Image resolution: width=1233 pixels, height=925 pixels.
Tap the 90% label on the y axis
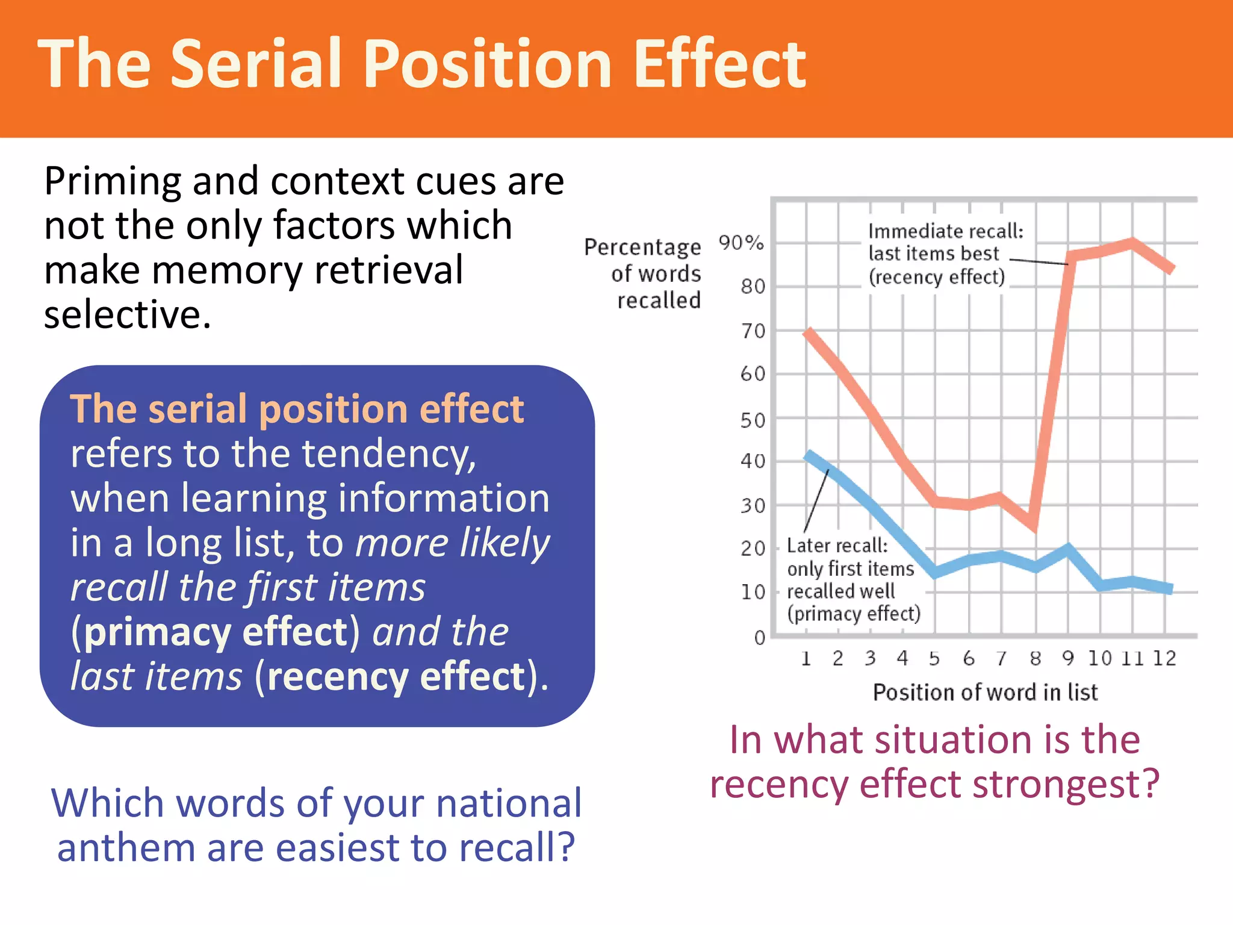tap(741, 243)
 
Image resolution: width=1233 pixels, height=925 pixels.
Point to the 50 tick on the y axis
tap(753, 420)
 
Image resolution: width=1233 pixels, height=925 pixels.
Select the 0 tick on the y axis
tap(760, 637)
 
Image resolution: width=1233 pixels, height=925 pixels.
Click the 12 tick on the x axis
tap(1164, 658)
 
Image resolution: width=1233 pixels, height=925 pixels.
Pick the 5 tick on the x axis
tap(934, 658)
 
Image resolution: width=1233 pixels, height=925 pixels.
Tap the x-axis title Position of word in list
tap(986, 693)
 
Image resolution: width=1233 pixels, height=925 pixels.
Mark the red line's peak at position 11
tap(1132, 243)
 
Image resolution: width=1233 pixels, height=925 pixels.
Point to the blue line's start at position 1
tap(808, 455)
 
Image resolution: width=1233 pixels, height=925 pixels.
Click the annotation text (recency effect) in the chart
tap(937, 277)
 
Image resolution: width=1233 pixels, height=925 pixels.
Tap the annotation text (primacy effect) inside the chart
tap(854, 614)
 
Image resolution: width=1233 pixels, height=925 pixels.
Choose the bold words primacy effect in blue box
tap(216, 632)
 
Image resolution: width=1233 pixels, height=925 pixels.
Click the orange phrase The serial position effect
tap(297, 409)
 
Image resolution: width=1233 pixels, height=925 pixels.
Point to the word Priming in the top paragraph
tap(113, 181)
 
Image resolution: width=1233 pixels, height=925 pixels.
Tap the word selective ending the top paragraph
tap(127, 314)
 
